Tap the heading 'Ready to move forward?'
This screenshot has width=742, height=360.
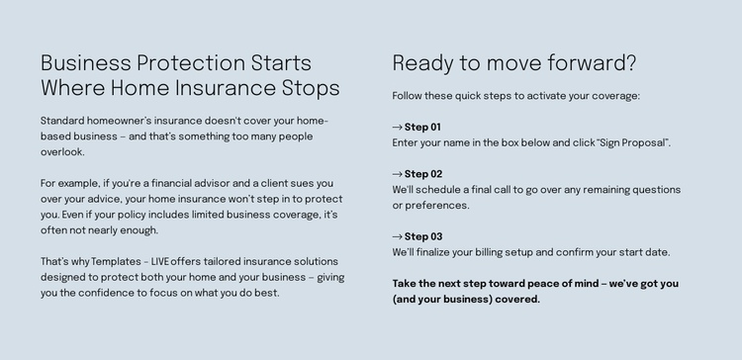click(x=514, y=63)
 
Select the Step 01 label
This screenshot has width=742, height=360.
click(x=422, y=128)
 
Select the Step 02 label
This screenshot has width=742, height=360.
click(x=423, y=174)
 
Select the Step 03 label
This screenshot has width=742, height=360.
click(x=423, y=237)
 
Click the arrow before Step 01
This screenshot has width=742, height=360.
click(x=398, y=128)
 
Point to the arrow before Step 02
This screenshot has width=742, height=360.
click(x=398, y=174)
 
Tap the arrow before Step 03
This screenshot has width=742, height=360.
click(x=398, y=237)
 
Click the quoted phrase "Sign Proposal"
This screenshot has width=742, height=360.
click(x=633, y=143)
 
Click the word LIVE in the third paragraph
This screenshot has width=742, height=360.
click(x=160, y=262)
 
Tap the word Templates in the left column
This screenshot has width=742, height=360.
click(x=116, y=262)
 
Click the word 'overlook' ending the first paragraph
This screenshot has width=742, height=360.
click(x=61, y=152)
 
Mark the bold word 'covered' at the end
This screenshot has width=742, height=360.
click(x=516, y=300)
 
